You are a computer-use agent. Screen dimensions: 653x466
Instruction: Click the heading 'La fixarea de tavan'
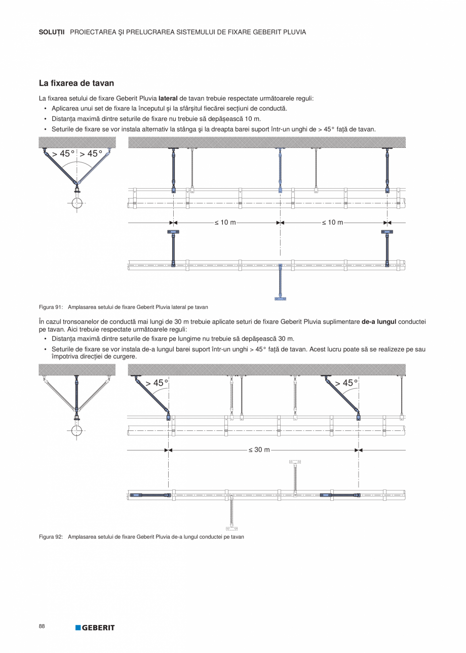[76, 83]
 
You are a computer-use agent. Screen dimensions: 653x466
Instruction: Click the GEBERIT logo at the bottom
[95, 628]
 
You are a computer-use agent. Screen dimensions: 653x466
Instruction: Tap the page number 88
[42, 626]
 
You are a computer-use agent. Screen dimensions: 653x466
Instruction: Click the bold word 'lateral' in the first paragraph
[169, 98]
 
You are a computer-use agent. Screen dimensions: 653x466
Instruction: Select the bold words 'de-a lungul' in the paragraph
[379, 321]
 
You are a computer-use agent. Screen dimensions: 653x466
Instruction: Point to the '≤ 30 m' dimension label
[259, 450]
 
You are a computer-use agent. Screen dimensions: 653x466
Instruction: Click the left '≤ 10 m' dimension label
[225, 222]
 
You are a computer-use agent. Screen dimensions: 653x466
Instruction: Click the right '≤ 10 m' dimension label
[332, 222]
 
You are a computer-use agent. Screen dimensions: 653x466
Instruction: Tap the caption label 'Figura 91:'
[51, 307]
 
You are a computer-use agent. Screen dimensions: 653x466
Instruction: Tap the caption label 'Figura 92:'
[51, 537]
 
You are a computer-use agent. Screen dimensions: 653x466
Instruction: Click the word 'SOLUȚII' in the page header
[52, 32]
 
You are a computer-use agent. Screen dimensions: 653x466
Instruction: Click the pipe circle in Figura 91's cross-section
[76, 203]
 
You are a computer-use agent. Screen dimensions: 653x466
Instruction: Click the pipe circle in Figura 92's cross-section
[76, 431]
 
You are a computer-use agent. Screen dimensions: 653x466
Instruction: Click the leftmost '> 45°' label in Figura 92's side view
[157, 383]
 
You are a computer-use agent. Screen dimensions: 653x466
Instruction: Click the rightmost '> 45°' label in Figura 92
[346, 383]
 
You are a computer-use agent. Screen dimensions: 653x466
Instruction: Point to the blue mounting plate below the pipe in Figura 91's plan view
[280, 299]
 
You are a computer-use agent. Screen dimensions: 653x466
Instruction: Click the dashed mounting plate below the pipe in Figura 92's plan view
[231, 528]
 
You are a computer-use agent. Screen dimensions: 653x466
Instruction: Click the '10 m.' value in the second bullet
[253, 118]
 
